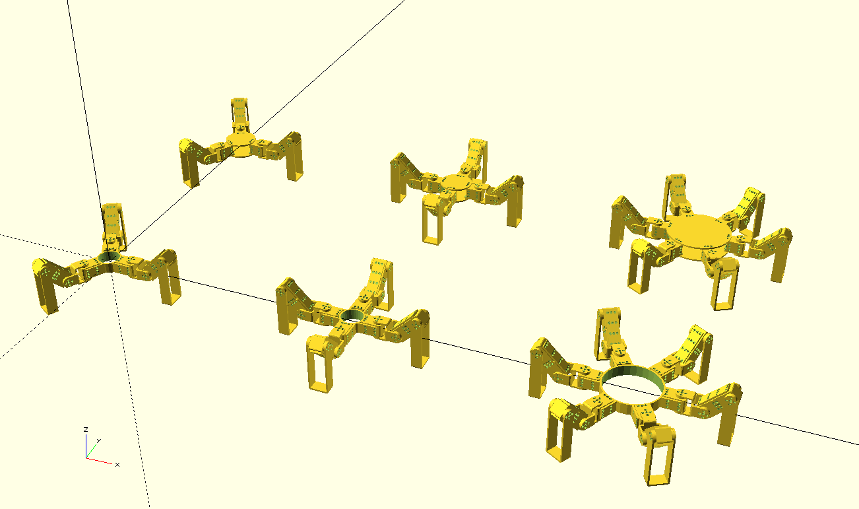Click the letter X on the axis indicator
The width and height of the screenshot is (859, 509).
(117, 465)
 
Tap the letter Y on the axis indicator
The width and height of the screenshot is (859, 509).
(99, 441)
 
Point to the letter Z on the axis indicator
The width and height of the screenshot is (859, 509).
(86, 430)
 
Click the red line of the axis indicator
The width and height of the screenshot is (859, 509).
(100, 461)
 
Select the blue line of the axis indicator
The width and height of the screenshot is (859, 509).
(86, 446)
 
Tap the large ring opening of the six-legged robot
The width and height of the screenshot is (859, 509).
(632, 384)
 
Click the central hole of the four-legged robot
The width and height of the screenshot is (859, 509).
(351, 316)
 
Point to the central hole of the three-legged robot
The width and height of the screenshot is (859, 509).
(109, 257)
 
